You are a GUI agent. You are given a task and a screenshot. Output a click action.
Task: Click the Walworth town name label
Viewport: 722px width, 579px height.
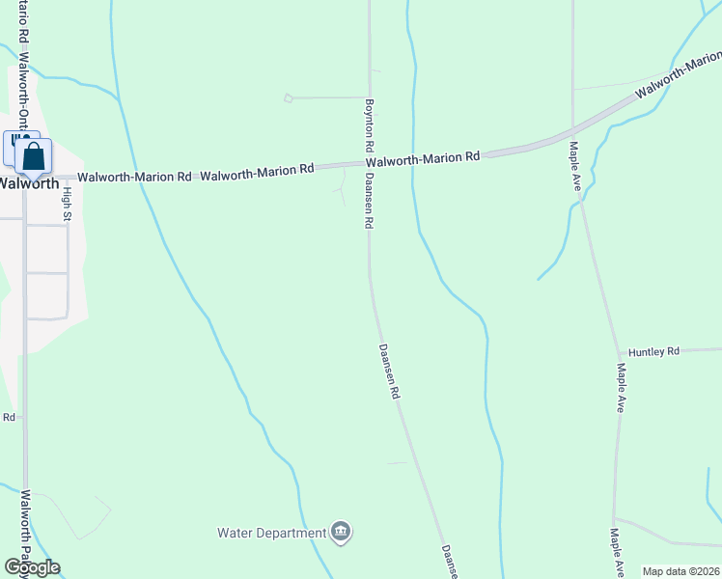pos(29,182)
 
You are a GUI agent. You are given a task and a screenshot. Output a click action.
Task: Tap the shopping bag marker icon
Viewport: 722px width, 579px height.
pos(33,156)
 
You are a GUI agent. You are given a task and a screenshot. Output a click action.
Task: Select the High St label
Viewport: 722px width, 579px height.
pos(68,204)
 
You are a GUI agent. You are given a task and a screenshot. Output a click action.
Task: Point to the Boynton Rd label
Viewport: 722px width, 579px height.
pos(369,124)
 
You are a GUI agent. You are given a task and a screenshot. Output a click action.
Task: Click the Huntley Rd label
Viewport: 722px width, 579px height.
pos(653,352)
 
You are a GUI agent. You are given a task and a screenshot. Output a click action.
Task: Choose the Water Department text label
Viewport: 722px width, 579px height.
pos(271,533)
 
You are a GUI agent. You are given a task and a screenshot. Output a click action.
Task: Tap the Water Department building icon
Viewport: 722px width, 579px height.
pos(340,532)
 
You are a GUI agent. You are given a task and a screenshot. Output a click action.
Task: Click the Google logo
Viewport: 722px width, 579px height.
pos(32,567)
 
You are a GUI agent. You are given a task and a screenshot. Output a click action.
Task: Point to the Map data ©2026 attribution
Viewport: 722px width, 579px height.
pos(680,571)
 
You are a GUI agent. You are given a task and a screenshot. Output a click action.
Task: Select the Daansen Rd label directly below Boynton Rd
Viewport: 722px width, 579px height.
pos(369,202)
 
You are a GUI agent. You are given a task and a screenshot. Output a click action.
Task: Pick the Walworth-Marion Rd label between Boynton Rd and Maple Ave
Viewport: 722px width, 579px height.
pos(423,158)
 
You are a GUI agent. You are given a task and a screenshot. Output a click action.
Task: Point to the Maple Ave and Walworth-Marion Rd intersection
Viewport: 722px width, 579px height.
pos(573,129)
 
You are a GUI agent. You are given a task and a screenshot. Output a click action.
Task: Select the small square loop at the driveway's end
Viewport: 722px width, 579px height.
pos(288,97)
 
